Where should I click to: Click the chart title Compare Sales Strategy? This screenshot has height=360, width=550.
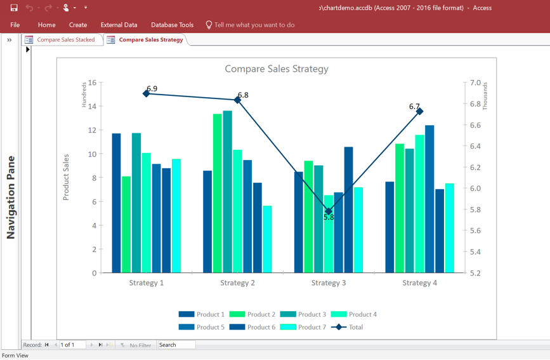(277, 69)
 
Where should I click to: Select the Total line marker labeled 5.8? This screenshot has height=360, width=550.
(329, 211)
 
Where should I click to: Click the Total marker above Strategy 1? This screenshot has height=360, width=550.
(147, 93)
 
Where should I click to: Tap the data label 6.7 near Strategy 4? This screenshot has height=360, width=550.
(414, 107)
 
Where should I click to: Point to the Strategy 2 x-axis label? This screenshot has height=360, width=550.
(237, 283)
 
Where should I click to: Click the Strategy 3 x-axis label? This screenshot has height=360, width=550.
(329, 283)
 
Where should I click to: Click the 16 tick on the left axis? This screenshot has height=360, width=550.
(93, 83)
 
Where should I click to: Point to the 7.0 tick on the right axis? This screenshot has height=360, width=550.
(475, 83)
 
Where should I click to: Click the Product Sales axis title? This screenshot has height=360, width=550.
(66, 177)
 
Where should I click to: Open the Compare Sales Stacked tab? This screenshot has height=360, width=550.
(65, 39)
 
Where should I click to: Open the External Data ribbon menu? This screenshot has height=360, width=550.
(119, 25)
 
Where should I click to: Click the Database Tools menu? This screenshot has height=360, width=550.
(172, 25)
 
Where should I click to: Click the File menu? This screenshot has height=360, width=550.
(15, 25)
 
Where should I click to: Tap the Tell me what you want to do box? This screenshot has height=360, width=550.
(254, 25)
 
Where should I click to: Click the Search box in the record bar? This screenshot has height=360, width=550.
(176, 345)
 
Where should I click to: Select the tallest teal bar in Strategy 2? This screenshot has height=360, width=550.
(228, 190)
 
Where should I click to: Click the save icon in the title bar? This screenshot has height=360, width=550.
(14, 8)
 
